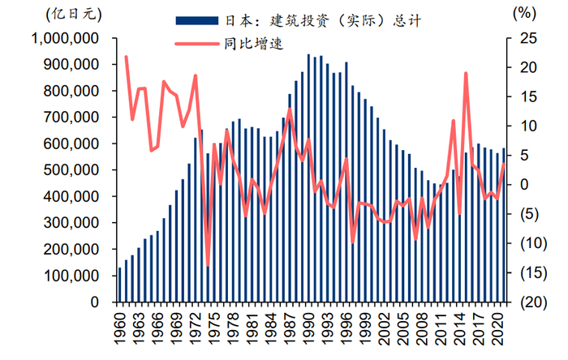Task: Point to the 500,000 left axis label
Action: tap(76, 170)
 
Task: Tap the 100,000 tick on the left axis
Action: tap(76, 276)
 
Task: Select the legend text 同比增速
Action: tap(252, 44)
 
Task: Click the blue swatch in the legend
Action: tap(196, 19)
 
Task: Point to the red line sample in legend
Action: tap(196, 44)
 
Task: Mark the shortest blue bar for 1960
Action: tap(120, 285)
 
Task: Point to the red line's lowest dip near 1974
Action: tap(208, 266)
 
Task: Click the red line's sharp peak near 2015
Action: tap(466, 73)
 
